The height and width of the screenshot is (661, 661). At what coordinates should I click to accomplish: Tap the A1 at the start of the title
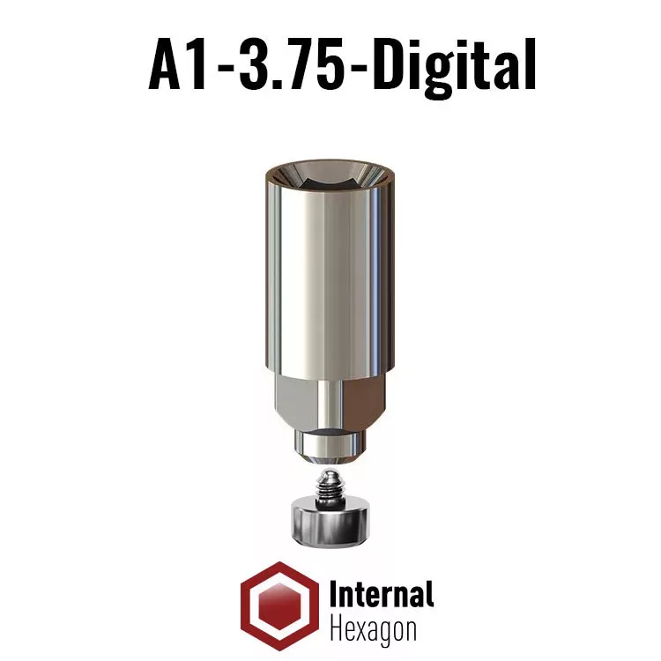pyautogui.click(x=177, y=65)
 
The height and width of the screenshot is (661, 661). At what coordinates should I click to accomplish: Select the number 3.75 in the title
pyautogui.click(x=290, y=65)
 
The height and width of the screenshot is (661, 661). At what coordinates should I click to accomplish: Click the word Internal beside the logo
pyautogui.click(x=382, y=593)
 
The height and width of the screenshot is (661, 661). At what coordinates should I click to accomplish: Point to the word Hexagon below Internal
pyautogui.click(x=373, y=631)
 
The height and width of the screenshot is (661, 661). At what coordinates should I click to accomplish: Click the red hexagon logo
pyautogui.click(x=279, y=605)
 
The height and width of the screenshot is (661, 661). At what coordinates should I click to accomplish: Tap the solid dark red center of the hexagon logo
pyautogui.click(x=279, y=606)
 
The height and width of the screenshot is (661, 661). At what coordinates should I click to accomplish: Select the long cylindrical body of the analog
pyautogui.click(x=330, y=270)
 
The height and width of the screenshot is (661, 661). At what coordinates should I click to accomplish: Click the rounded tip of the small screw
pyautogui.click(x=330, y=476)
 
